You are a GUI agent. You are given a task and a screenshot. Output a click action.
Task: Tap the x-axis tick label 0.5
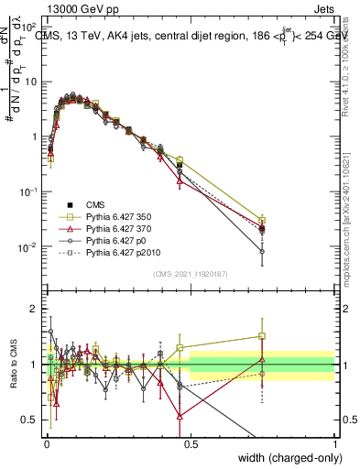(191, 442)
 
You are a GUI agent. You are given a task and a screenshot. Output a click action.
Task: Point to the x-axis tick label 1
(334, 442)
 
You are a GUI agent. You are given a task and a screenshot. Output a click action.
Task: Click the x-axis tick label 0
(47, 442)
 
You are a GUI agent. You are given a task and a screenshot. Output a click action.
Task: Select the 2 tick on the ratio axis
(36, 309)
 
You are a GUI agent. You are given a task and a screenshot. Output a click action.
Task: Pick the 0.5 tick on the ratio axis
(32, 420)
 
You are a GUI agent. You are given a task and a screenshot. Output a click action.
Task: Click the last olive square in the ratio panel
(262, 336)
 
